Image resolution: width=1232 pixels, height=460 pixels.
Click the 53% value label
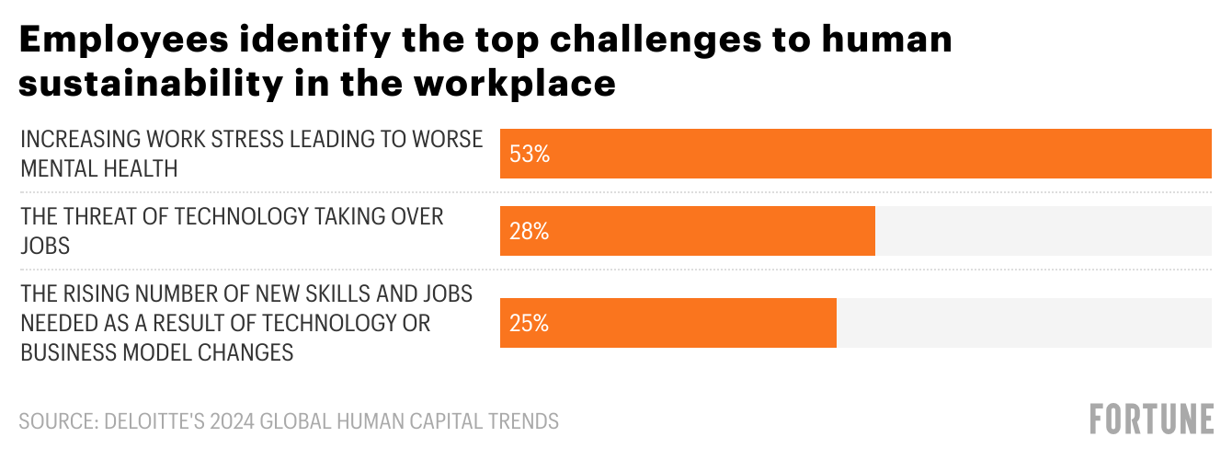(x=530, y=155)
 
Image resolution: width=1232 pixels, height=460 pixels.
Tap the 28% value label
(x=530, y=232)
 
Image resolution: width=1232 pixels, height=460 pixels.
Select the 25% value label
(x=530, y=324)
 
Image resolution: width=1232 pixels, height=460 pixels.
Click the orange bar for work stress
(x=855, y=154)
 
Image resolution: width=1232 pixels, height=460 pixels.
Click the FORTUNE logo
(x=1151, y=419)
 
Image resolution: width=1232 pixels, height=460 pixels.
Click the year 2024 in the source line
(x=233, y=421)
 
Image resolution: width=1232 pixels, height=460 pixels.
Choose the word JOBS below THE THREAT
(x=45, y=246)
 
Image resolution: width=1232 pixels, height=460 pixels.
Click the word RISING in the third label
(x=96, y=293)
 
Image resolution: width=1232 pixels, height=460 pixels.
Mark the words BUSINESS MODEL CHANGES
(x=156, y=352)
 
